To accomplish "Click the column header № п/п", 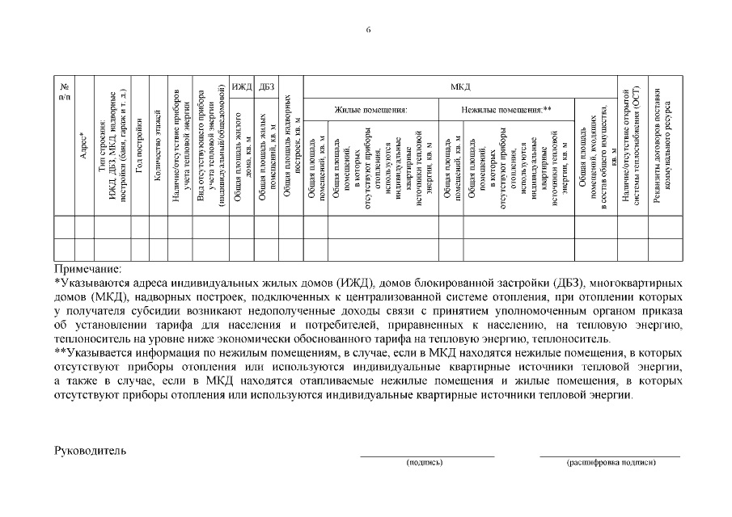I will click(64, 91).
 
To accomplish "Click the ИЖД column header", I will click(241, 86).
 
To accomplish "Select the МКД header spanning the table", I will click(459, 86).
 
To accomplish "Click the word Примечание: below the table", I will click(87, 267).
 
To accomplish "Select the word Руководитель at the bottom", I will click(90, 450).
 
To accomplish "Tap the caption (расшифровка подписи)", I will click(611, 463).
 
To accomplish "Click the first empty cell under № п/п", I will click(64, 227).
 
